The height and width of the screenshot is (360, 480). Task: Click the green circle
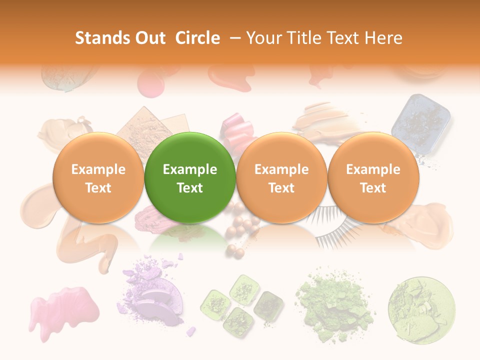pos(189,177)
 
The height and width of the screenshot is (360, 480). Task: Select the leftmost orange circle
pos(98,177)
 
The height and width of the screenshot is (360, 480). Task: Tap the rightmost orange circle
pos(373,177)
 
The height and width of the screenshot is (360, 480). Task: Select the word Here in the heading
pos(383,38)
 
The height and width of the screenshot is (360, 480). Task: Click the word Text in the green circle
pos(189,188)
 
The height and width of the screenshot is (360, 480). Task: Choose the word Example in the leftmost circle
pos(98,169)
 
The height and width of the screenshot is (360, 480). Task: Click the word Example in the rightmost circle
pos(373,169)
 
